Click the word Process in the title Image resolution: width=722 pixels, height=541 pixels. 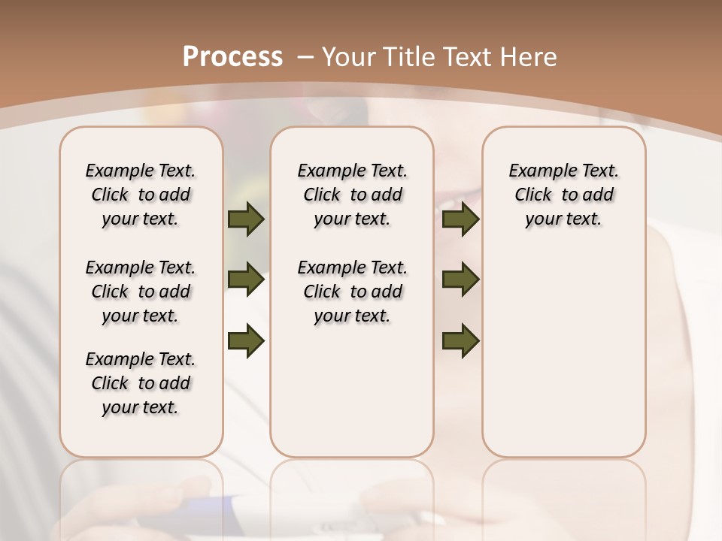(x=232, y=57)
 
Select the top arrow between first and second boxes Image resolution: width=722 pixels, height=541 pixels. (x=246, y=219)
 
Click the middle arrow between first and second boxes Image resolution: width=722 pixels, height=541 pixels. (x=246, y=280)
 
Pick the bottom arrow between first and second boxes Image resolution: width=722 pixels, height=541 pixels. (x=246, y=340)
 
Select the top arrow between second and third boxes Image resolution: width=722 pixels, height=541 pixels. (x=461, y=219)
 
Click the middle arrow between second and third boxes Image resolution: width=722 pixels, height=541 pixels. (x=461, y=280)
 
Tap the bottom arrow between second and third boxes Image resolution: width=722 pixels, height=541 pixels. (x=461, y=340)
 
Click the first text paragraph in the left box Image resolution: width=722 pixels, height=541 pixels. (x=141, y=195)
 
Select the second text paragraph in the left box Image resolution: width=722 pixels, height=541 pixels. (x=141, y=292)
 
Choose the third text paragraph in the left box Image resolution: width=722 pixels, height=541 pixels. (x=141, y=383)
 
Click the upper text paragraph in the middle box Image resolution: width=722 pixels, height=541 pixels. (x=352, y=195)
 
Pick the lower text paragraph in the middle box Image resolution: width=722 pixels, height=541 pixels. (x=352, y=292)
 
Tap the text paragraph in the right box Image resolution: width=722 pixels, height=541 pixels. (x=564, y=195)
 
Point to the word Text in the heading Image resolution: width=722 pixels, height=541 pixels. (x=466, y=57)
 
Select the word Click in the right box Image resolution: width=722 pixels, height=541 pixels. (x=533, y=195)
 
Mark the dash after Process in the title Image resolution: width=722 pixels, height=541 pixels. (x=305, y=57)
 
